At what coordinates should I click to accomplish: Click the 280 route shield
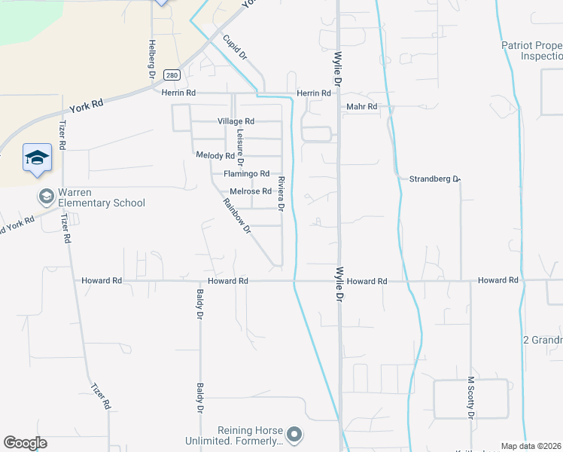(x=172, y=75)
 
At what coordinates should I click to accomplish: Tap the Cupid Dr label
(x=235, y=47)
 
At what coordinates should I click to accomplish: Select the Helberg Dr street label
(x=151, y=59)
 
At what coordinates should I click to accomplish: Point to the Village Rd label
(x=236, y=121)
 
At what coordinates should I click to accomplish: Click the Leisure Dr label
(x=240, y=147)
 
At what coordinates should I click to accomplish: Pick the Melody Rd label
(x=215, y=155)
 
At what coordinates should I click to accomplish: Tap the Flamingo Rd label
(x=246, y=173)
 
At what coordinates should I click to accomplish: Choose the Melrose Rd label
(x=250, y=191)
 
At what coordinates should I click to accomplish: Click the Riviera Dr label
(x=281, y=193)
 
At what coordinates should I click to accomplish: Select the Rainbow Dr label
(x=236, y=215)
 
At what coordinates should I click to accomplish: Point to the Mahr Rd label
(x=361, y=107)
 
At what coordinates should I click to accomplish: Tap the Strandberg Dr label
(x=434, y=179)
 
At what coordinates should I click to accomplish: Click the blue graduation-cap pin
(x=37, y=158)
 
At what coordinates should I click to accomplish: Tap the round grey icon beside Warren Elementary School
(x=46, y=197)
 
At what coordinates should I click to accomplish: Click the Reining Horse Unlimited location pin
(x=294, y=435)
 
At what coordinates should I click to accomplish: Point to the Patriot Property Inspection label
(x=532, y=50)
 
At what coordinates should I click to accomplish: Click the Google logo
(x=25, y=443)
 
